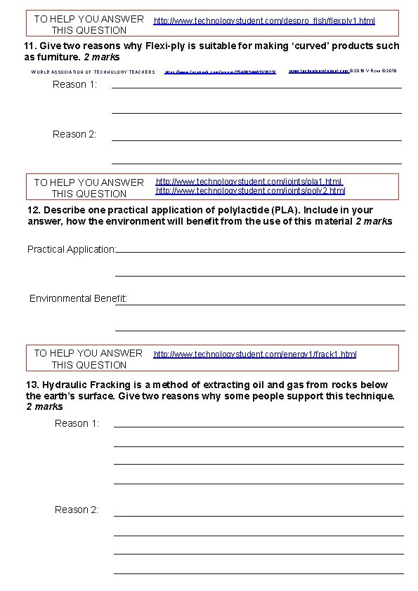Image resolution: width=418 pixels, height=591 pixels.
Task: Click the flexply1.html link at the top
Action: (264, 22)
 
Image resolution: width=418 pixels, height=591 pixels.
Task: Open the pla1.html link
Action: (249, 182)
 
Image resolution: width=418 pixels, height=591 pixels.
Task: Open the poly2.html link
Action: (250, 191)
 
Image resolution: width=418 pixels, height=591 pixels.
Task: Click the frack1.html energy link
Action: (255, 354)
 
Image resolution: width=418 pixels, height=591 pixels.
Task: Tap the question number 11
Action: (30, 46)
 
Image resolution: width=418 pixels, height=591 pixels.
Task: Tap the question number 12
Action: (32, 210)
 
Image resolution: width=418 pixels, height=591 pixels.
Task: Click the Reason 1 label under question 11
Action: (74, 85)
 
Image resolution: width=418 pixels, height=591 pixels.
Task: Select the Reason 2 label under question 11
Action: (74, 134)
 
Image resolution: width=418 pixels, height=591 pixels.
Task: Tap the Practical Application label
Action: (71, 249)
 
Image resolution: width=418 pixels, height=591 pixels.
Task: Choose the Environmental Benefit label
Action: (77, 299)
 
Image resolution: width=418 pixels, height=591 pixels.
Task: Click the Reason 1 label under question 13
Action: (77, 423)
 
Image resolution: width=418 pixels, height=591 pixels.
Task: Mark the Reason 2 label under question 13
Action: (77, 510)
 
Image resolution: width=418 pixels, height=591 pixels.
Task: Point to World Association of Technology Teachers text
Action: (93, 72)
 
